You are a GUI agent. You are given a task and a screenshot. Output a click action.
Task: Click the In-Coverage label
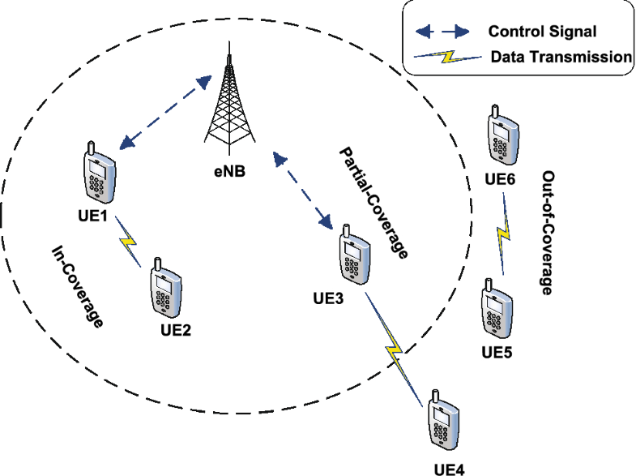[78, 286]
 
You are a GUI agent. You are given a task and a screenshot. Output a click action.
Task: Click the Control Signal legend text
[542, 32]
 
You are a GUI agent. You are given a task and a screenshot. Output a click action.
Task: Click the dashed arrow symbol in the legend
[442, 32]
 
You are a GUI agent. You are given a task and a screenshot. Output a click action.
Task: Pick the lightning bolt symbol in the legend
[446, 58]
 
